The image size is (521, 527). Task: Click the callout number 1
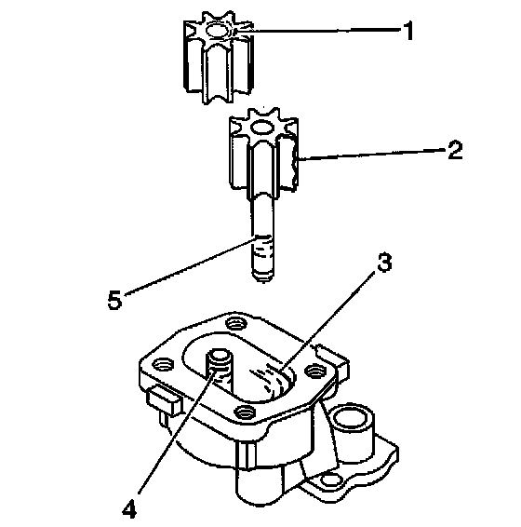click(x=408, y=30)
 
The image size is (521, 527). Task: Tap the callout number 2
click(x=456, y=150)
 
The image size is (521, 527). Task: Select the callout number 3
click(x=384, y=263)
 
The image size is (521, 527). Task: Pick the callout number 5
click(x=114, y=300)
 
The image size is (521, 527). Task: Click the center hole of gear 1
click(x=218, y=31)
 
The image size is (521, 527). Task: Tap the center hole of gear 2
click(x=263, y=127)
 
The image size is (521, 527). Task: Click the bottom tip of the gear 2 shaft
click(x=262, y=279)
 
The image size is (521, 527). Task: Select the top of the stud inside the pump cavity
click(x=220, y=356)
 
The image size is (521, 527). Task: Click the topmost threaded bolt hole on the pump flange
click(x=236, y=323)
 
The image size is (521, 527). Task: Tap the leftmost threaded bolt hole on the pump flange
click(x=163, y=364)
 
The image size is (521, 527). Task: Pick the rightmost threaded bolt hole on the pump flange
click(x=314, y=371)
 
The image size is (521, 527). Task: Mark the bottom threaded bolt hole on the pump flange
click(x=246, y=411)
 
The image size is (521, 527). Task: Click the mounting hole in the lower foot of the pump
click(x=330, y=480)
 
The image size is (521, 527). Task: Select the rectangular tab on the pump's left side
click(x=164, y=400)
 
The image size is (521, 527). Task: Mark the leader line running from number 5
click(x=189, y=266)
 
